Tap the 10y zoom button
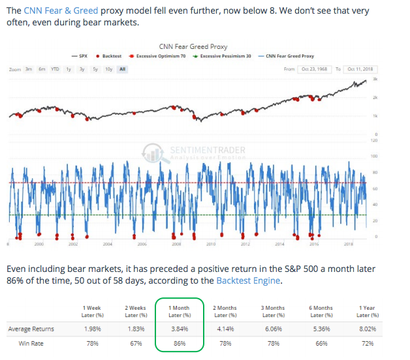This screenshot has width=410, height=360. (x=108, y=68)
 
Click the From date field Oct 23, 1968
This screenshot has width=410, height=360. (x=315, y=68)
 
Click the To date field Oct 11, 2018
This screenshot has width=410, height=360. (x=360, y=68)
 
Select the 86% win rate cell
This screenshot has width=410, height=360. (x=180, y=342)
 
